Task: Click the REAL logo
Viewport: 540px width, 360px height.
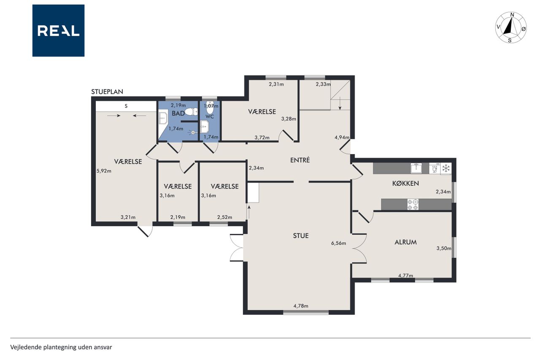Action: pyautogui.click(x=58, y=31)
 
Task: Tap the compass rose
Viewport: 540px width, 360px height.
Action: pyautogui.click(x=511, y=27)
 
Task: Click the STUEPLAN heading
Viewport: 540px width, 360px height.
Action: pyautogui.click(x=107, y=92)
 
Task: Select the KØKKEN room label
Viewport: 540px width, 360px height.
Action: pyautogui.click(x=405, y=183)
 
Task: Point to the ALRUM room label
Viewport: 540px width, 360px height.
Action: pyautogui.click(x=405, y=242)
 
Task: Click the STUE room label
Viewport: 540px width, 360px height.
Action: pyautogui.click(x=301, y=235)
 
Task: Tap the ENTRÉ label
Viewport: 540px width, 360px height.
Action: pyautogui.click(x=300, y=160)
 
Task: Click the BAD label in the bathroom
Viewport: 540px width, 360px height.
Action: pyautogui.click(x=178, y=114)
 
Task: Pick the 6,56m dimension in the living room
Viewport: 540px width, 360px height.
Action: pyautogui.click(x=338, y=243)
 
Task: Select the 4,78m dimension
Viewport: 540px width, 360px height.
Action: pyautogui.click(x=301, y=306)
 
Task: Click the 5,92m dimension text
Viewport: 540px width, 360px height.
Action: pyautogui.click(x=104, y=171)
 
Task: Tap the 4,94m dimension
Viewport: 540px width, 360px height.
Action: pyautogui.click(x=342, y=138)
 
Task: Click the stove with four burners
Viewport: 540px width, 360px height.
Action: pyautogui.click(x=413, y=204)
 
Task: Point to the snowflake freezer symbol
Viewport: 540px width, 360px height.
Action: pyautogui.click(x=446, y=168)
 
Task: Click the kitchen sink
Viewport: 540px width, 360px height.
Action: pyautogui.click(x=416, y=168)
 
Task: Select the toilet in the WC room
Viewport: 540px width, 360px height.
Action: pyautogui.click(x=210, y=108)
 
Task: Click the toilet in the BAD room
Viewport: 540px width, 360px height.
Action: pyautogui.click(x=191, y=112)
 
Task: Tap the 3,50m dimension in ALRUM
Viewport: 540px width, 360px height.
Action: pyautogui.click(x=444, y=248)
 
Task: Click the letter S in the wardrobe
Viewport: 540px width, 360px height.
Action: pyautogui.click(x=126, y=106)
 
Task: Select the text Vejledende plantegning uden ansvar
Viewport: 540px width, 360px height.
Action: pyautogui.click(x=61, y=347)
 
